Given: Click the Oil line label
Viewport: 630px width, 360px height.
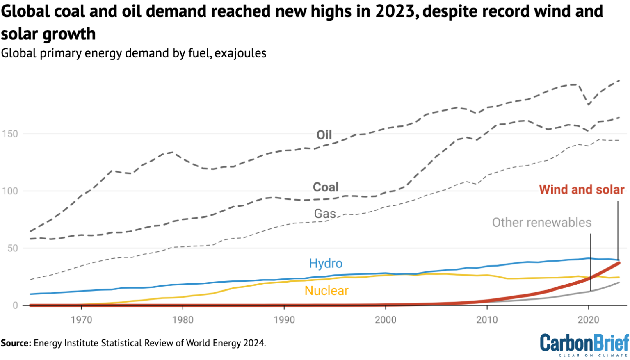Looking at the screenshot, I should pos(324,135).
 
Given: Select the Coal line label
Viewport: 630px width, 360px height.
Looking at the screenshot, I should pos(326,187).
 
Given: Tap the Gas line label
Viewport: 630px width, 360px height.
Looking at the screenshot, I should pos(325,214).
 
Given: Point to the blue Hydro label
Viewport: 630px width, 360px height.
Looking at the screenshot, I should pos(326,263).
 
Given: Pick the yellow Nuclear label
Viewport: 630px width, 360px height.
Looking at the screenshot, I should pos(326,291).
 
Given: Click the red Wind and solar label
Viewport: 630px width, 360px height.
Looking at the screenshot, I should pos(581,189).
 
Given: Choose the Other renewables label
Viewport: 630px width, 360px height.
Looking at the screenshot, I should pos(541,223).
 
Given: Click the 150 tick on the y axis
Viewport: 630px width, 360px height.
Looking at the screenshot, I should pos(10,134).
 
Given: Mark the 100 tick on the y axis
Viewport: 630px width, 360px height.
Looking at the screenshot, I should pos(10,191).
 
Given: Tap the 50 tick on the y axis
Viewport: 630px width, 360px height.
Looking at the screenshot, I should pos(12,248).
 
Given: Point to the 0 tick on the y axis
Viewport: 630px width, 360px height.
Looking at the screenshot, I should pos(15,305).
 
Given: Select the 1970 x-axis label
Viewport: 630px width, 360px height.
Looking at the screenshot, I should pos(81,320).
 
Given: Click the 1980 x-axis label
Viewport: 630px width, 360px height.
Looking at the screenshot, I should pos(183,320).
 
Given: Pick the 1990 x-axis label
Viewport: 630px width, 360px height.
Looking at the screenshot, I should pos(284,320).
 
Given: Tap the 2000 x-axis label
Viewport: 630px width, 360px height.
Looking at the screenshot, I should pos(386,320).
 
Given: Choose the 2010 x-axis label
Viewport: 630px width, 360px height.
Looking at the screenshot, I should pos(487,320).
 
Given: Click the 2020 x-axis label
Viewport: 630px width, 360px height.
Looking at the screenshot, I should pos(588,320).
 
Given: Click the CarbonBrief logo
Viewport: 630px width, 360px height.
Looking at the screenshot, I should pos(584,344).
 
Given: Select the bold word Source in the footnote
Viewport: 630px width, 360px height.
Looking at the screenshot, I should pos(16,343).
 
